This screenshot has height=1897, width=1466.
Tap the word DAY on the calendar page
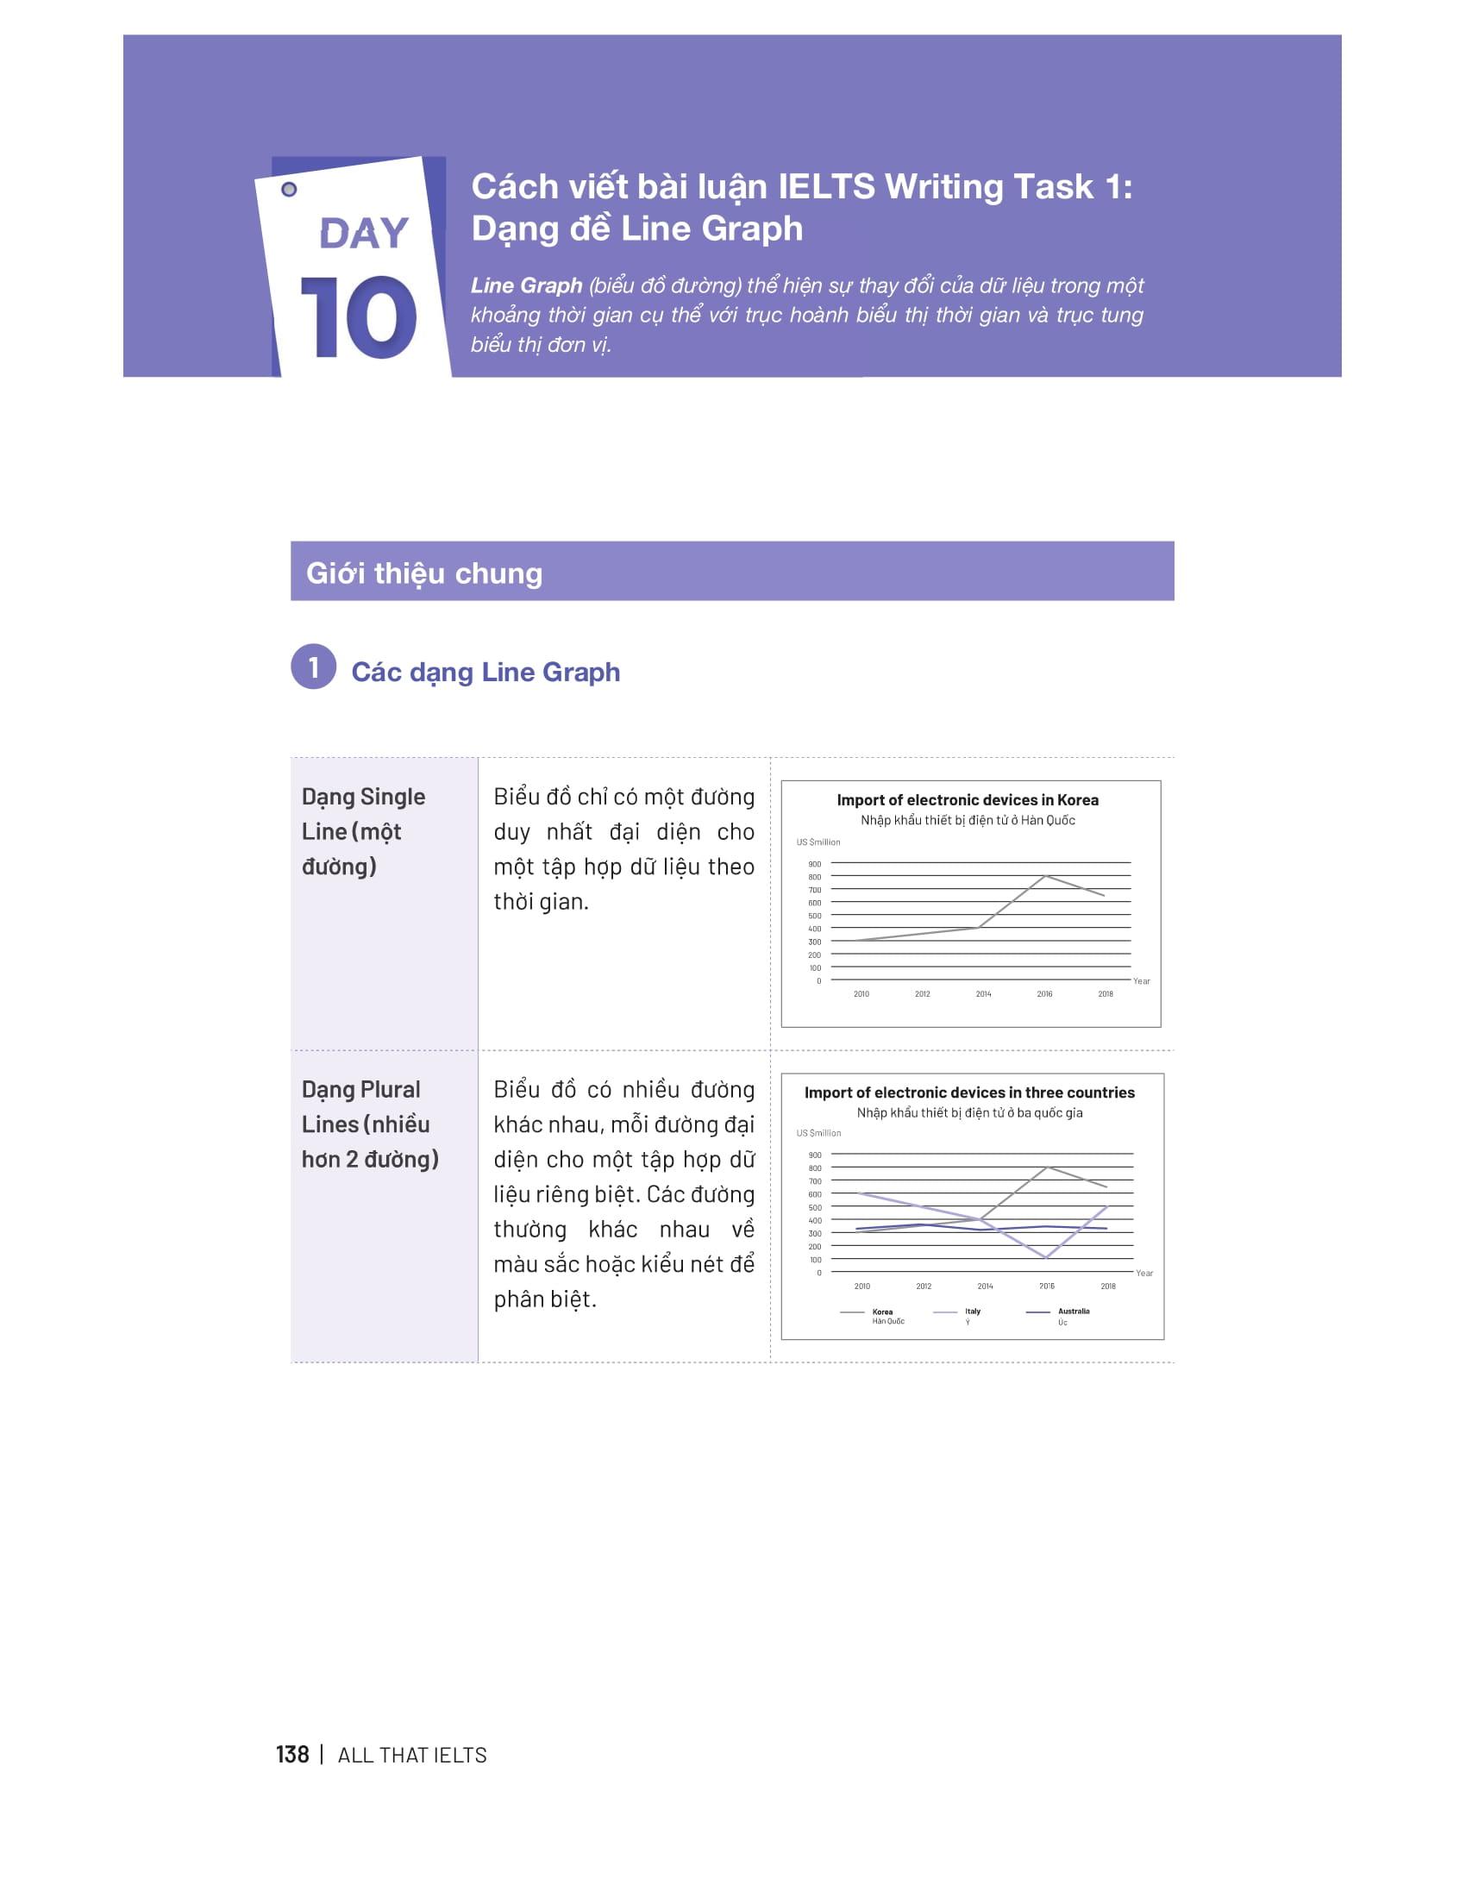tap(364, 233)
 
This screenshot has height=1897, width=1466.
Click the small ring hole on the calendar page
tap(289, 190)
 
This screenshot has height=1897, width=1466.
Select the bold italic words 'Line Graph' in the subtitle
tap(526, 285)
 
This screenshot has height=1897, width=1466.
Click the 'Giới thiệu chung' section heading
tap(424, 573)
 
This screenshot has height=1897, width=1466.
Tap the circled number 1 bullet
tap(314, 667)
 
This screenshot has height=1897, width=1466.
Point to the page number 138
tap(292, 1755)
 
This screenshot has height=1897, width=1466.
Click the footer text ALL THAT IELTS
tap(411, 1756)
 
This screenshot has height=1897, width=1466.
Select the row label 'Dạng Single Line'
tap(364, 814)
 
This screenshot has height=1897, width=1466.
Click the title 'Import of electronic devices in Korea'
tap(968, 800)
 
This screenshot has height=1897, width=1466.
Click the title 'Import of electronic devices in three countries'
tap(969, 1092)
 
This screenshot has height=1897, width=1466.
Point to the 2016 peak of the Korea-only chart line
tap(1045, 875)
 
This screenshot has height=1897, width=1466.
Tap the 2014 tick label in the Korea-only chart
tap(983, 993)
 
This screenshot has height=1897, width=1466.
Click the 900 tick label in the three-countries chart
tap(815, 1155)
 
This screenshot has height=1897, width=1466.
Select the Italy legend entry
tap(957, 1316)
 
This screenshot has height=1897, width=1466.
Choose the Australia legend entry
tap(1058, 1317)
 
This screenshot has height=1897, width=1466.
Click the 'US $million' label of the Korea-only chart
tap(818, 842)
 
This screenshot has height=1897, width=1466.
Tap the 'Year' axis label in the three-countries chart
tap(1144, 1274)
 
